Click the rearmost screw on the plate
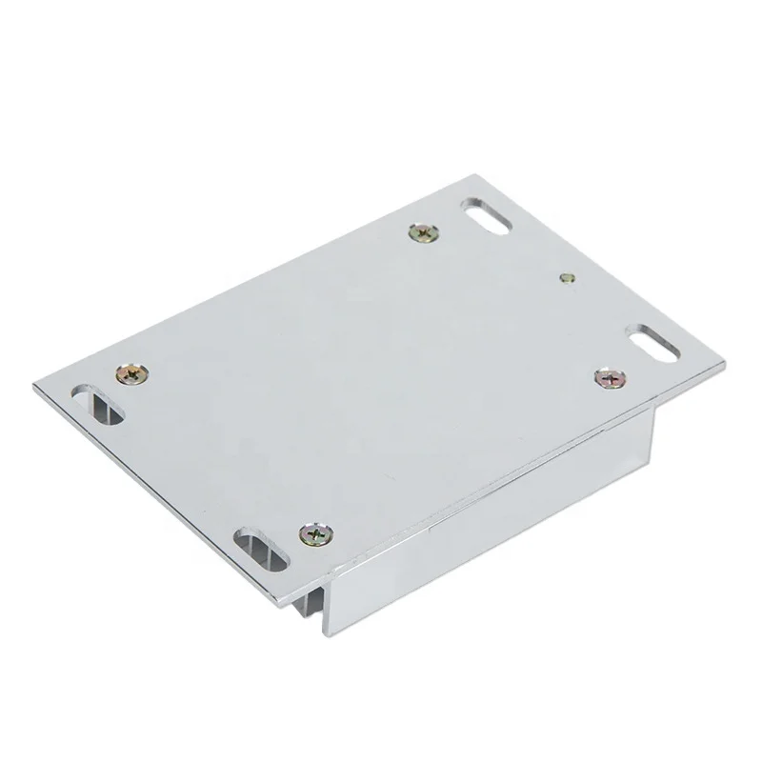coord(422,231)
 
